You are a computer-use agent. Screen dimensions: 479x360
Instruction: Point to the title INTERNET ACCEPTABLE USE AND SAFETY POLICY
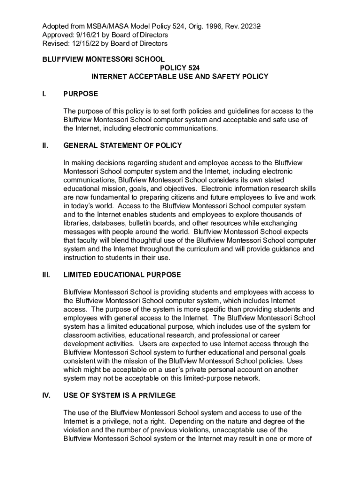180,76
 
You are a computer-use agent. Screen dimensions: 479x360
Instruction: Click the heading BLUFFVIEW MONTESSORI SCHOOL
103,59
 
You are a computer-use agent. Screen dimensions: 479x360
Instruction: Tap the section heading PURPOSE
80,94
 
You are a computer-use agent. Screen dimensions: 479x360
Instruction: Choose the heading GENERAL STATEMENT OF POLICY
122,145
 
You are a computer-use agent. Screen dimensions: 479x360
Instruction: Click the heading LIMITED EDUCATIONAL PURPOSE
122,275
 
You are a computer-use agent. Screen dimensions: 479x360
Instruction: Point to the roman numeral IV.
46,395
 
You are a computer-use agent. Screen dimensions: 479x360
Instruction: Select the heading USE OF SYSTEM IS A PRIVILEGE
120,395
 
